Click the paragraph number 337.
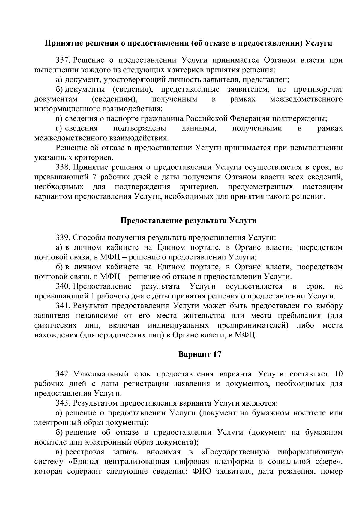point(63,60)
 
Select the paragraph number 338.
point(63,167)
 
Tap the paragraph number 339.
point(63,238)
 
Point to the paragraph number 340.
point(63,286)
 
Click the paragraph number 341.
point(63,306)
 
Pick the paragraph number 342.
point(63,374)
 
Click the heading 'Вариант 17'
point(200,354)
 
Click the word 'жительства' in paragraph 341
point(204,316)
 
